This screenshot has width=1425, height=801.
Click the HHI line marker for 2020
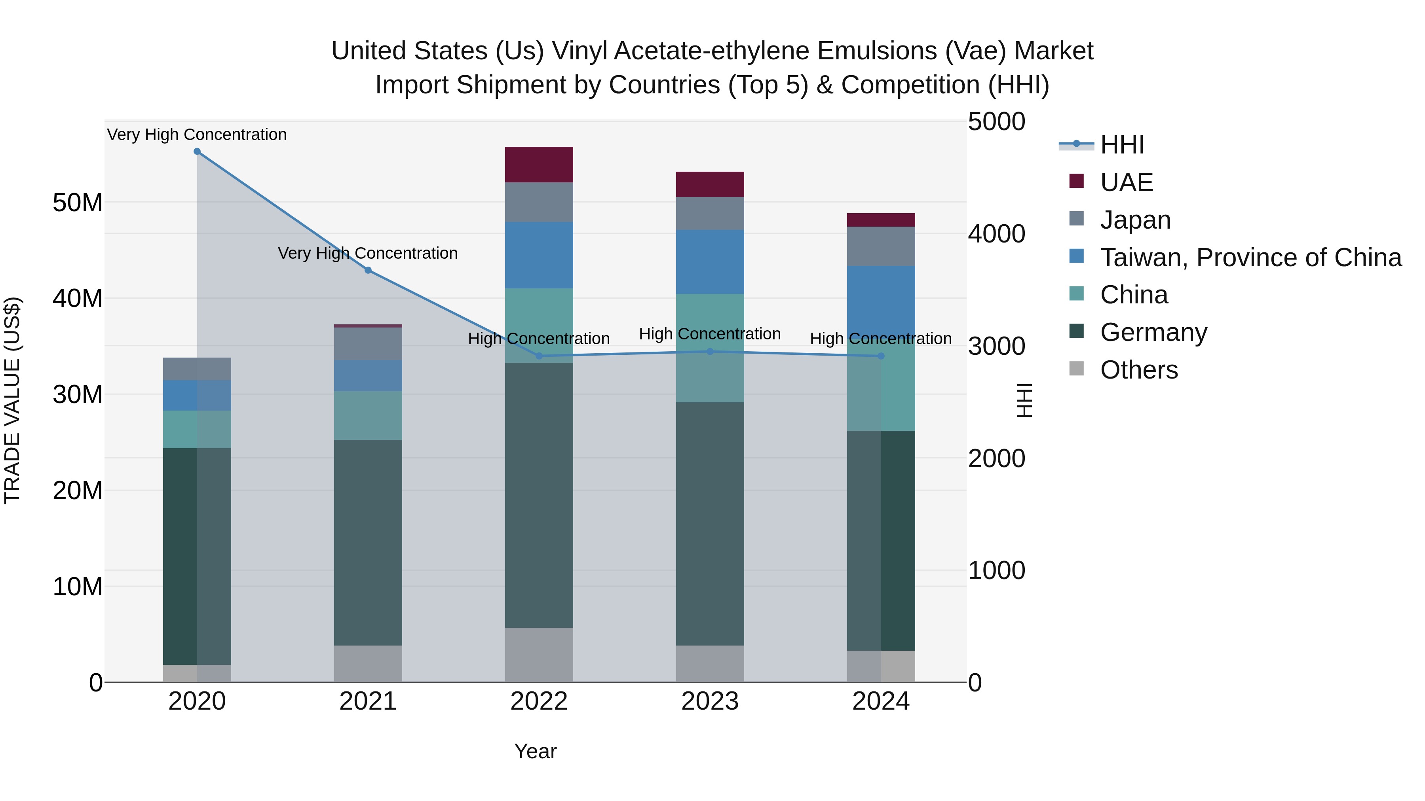[197, 151]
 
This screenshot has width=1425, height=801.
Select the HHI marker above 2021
[368, 270]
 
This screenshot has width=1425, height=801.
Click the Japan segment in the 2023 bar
[710, 213]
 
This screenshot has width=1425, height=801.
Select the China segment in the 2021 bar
[368, 415]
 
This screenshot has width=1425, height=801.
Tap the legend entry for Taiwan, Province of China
[1250, 258]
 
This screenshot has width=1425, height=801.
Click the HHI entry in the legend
[1122, 145]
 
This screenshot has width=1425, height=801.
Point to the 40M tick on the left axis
[78, 299]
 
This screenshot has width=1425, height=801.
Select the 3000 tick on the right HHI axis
[996, 347]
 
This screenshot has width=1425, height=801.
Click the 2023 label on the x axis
[710, 701]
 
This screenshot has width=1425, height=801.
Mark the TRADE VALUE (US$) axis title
[12, 400]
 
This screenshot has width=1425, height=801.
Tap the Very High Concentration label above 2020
[197, 134]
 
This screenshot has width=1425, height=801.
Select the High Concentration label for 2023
[710, 334]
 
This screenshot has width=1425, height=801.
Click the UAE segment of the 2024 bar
[881, 220]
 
